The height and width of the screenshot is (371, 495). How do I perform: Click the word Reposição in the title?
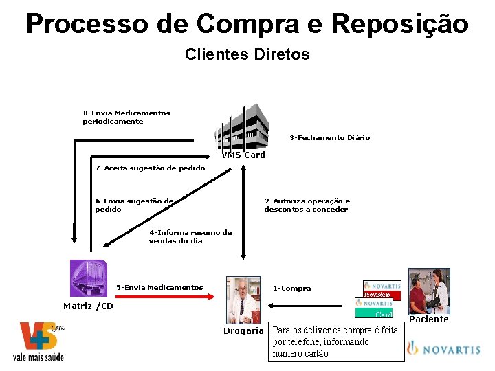pos(399,23)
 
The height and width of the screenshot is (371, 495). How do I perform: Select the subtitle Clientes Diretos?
pos(247,54)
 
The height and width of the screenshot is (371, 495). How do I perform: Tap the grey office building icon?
pos(241,127)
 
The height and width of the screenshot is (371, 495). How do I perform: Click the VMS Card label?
pos(243,155)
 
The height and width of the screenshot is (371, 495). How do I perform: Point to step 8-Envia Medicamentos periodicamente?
pos(126,117)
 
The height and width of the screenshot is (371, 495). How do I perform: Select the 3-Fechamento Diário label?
pos(329,137)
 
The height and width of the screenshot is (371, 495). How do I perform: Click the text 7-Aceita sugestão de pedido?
pos(150,168)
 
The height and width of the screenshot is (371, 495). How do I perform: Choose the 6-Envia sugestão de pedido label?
pos(134,205)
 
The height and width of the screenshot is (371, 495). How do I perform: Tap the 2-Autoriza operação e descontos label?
pos(307,205)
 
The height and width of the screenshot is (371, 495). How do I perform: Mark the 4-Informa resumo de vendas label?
pos(190,236)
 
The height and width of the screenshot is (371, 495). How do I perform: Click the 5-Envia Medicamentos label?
pos(159,287)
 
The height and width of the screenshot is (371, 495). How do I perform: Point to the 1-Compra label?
pos(292,288)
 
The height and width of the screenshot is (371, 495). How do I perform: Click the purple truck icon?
pos(88,278)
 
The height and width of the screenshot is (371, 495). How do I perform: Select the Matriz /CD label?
pos(88,306)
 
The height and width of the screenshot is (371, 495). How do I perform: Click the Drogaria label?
pos(243,330)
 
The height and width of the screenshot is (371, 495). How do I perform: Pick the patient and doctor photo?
pos(428,291)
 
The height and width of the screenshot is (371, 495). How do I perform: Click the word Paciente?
pos(429,319)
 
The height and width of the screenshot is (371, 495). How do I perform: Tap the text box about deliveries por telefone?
pos(335,341)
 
